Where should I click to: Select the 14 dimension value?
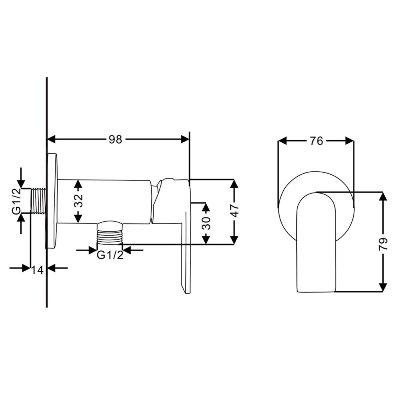tap(38, 270)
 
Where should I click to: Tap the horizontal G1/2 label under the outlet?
tap(110, 255)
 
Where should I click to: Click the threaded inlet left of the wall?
tap(39, 200)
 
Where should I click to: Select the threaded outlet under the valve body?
tap(110, 234)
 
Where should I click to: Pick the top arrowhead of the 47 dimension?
tap(234, 184)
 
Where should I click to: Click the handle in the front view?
tap(316, 242)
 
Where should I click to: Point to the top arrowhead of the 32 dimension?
tap(78, 184)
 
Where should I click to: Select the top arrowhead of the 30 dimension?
tap(206, 207)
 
